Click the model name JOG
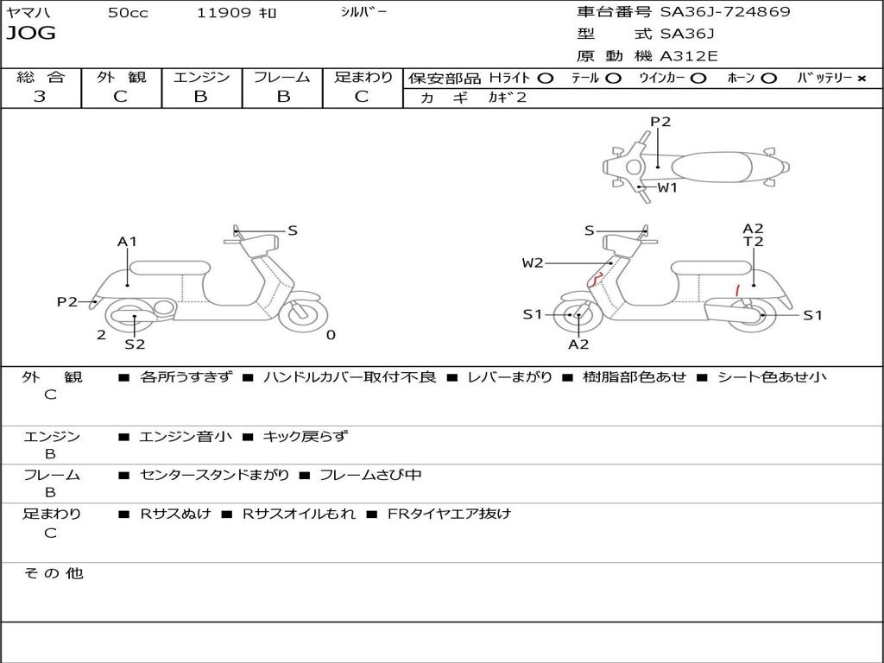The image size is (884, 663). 31,34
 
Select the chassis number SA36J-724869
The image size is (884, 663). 725,12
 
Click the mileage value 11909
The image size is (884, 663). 224,13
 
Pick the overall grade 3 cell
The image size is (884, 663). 40,97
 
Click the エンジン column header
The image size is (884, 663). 201,77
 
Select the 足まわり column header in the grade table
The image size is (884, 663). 363,77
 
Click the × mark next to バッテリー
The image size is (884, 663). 861,79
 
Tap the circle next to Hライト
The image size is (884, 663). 545,79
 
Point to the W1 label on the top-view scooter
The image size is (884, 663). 667,187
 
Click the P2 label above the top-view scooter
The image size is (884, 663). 660,122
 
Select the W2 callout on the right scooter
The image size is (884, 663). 533,263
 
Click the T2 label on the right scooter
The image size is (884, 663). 754,242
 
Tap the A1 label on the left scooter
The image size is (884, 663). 128,242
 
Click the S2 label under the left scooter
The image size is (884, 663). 135,344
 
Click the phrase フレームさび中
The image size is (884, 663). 370,475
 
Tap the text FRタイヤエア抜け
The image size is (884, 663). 449,514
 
